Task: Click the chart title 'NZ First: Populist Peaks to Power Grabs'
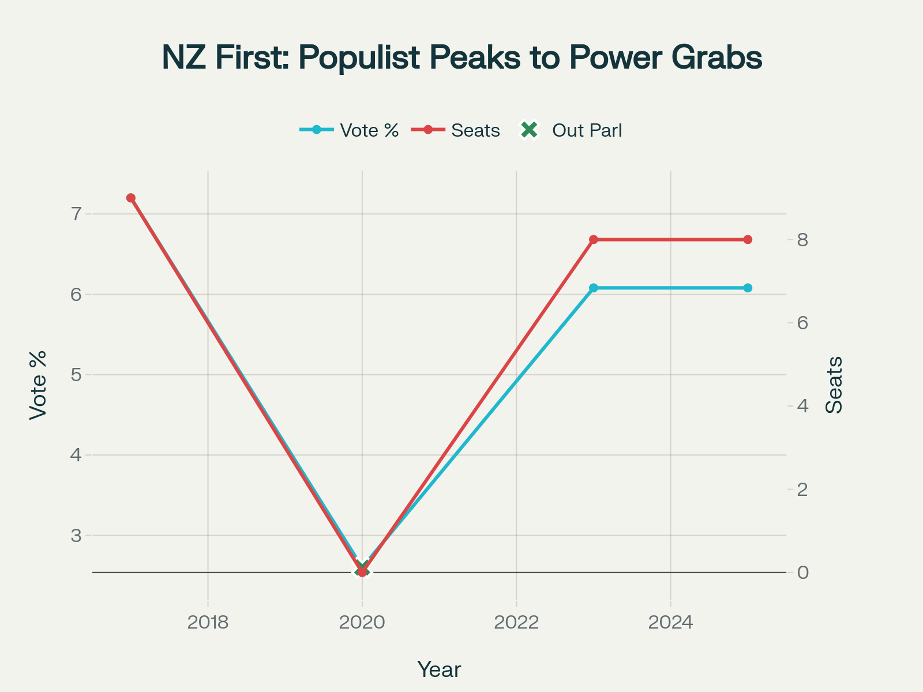click(461, 58)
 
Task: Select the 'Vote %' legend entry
click(369, 130)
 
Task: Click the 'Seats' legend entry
click(475, 130)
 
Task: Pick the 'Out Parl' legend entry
click(587, 130)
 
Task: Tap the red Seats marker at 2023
click(594, 239)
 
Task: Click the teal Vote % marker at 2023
click(594, 288)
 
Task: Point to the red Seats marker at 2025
click(748, 239)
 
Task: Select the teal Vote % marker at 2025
click(748, 288)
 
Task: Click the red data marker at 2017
click(131, 198)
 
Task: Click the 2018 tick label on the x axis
click(208, 623)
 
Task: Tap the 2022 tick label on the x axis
click(516, 623)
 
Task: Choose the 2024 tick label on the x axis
click(670, 623)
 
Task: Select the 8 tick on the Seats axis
click(802, 239)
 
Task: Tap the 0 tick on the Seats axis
click(802, 573)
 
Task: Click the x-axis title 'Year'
click(439, 670)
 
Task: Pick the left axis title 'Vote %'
click(38, 385)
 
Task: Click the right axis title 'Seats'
click(834, 385)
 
